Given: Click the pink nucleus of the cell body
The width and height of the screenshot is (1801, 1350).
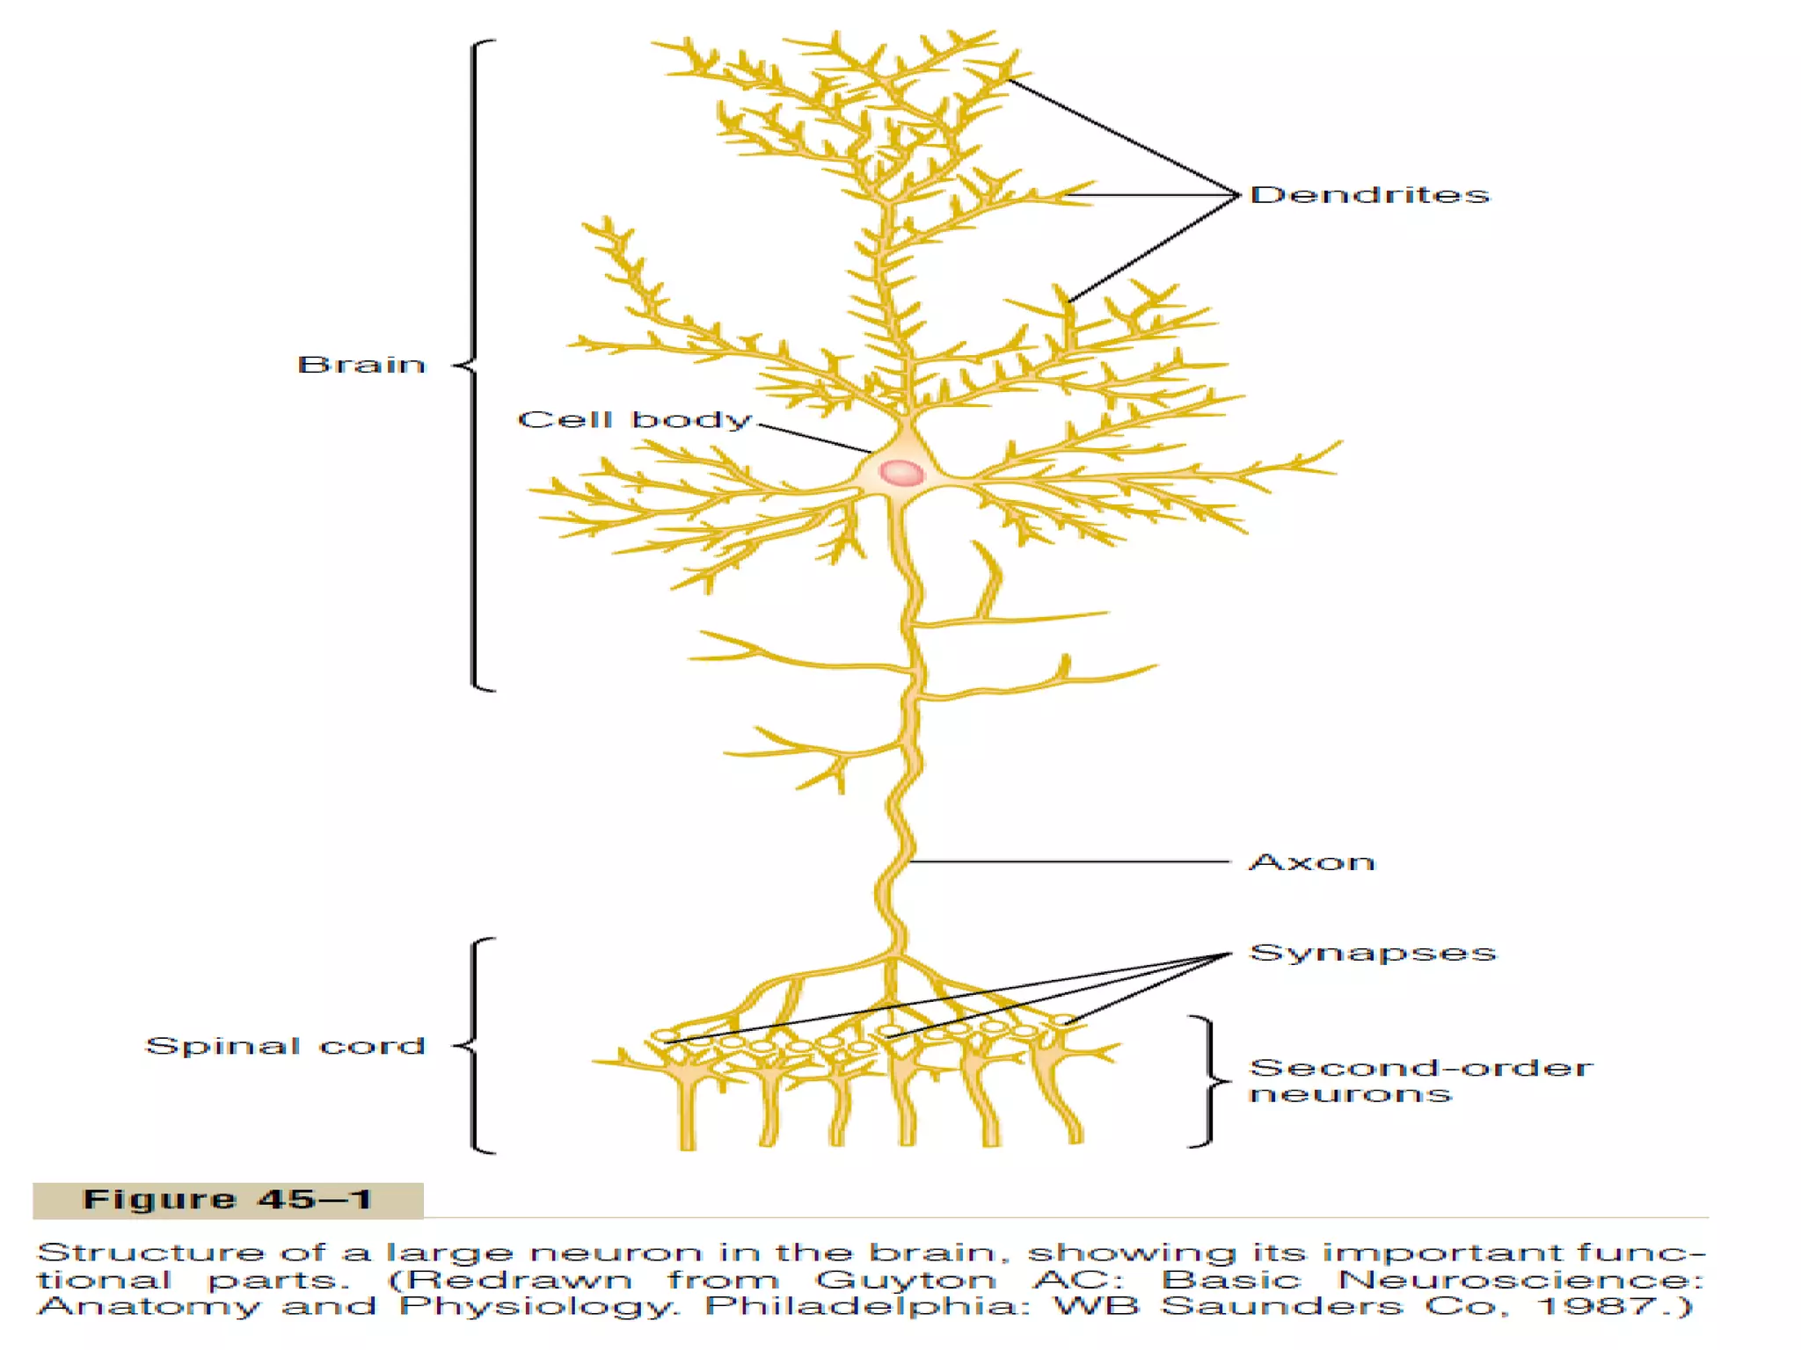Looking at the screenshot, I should pos(901,473).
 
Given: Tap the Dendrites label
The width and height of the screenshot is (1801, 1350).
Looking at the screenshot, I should pos(1369,195).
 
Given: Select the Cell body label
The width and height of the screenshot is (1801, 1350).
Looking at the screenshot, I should pos(634,420).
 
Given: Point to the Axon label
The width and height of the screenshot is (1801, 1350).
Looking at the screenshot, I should pos(1311,862).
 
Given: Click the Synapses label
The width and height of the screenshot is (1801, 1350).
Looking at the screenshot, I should pos(1372,954).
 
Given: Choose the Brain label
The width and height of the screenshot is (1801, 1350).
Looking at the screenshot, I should pos(361,365).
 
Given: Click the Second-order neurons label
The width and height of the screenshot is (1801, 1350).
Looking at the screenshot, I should pos(1419,1081).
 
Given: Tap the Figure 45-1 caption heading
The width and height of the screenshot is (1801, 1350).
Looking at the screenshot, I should pos(228,1201).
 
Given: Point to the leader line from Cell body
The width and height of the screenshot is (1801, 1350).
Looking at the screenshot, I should pos(813,438).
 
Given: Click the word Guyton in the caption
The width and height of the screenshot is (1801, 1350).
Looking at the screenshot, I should pos(906,1281).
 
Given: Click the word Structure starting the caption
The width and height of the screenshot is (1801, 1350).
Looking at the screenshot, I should pos(150,1253).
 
